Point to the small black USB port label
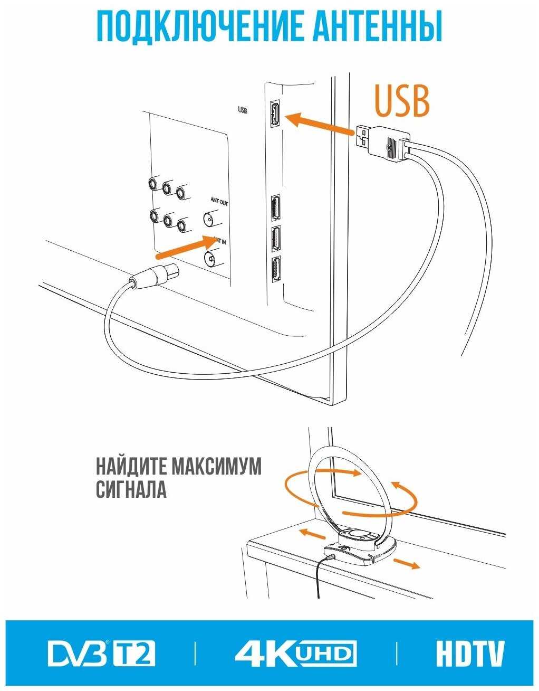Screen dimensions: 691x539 243,110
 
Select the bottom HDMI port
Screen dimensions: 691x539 275,270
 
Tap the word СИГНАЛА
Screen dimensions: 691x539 131,489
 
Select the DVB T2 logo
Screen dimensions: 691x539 102,654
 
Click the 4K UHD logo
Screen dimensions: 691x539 295,654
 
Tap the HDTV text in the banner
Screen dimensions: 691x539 470,654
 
